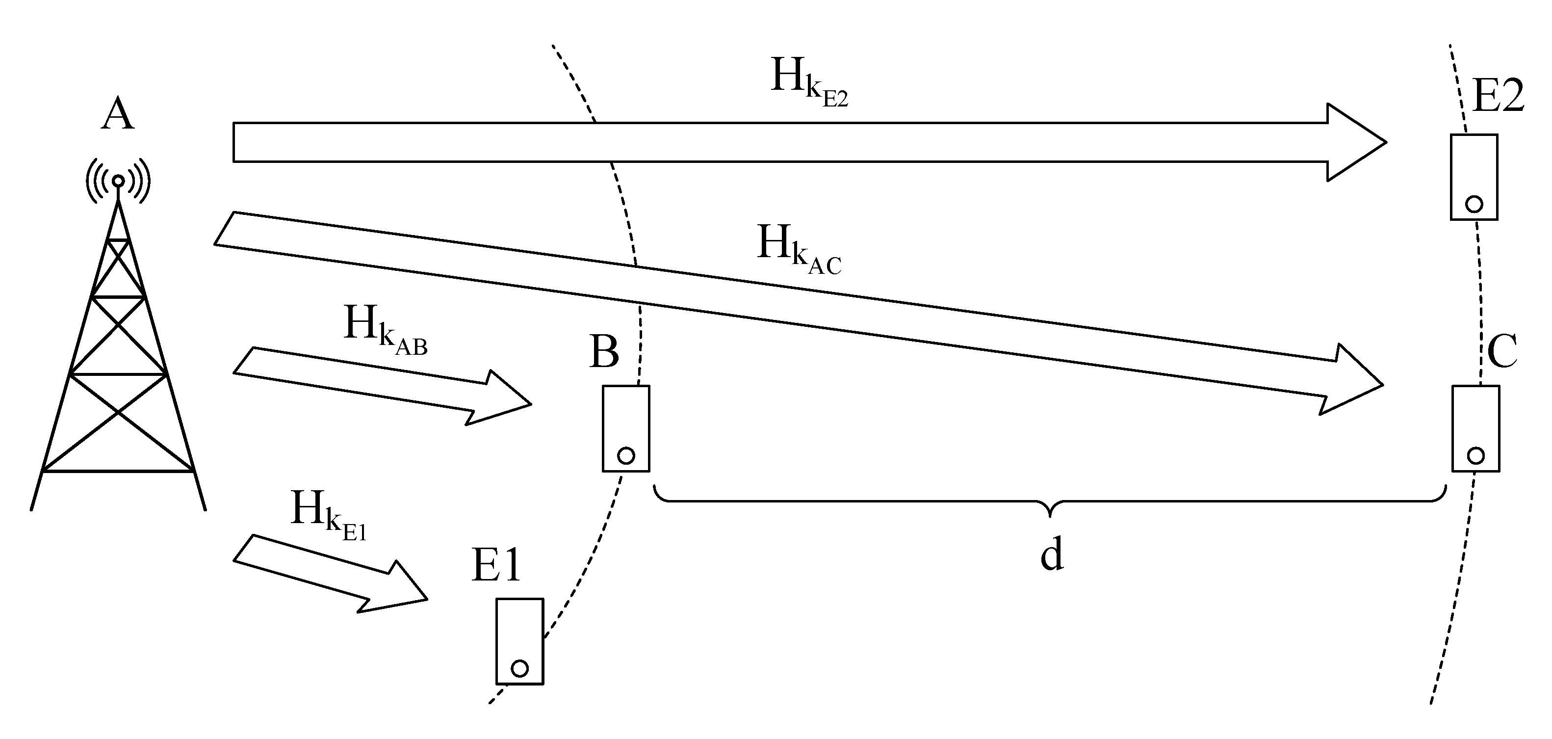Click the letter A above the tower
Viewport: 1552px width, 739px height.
(118, 114)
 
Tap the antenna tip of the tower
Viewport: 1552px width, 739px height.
(119, 180)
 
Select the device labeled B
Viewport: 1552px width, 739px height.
(626, 428)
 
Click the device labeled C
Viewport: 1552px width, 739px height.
(1475, 428)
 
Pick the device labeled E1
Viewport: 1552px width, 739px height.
(519, 641)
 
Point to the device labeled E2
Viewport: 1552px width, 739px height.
(1474, 177)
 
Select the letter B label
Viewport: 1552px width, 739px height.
(604, 351)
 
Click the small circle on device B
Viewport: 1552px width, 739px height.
(626, 456)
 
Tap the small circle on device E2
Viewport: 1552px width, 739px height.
(1474, 204)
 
